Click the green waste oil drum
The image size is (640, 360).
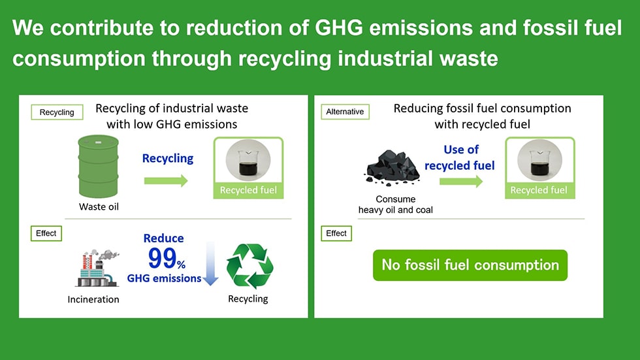[x=98, y=167]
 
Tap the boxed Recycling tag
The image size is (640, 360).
[x=57, y=112]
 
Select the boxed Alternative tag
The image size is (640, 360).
[x=345, y=112]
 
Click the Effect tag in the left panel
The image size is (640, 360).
[x=46, y=233]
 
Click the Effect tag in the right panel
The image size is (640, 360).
[x=336, y=233]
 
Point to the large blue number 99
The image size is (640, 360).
[x=162, y=258]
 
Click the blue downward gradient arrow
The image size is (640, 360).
[x=210, y=264]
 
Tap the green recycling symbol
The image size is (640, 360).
[x=249, y=266]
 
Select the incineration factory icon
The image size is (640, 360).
[x=97, y=268]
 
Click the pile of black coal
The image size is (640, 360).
[x=392, y=167]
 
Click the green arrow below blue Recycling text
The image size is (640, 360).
[x=166, y=180]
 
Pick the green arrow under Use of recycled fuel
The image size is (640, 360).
[x=461, y=181]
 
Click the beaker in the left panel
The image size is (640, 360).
[x=248, y=163]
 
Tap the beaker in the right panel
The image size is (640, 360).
[x=539, y=163]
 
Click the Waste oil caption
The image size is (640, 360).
[x=99, y=207]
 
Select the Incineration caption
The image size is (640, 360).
[x=93, y=300]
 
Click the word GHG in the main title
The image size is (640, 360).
[x=339, y=28]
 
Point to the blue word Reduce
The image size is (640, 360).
[x=164, y=238]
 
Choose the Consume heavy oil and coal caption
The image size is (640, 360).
[x=396, y=205]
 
